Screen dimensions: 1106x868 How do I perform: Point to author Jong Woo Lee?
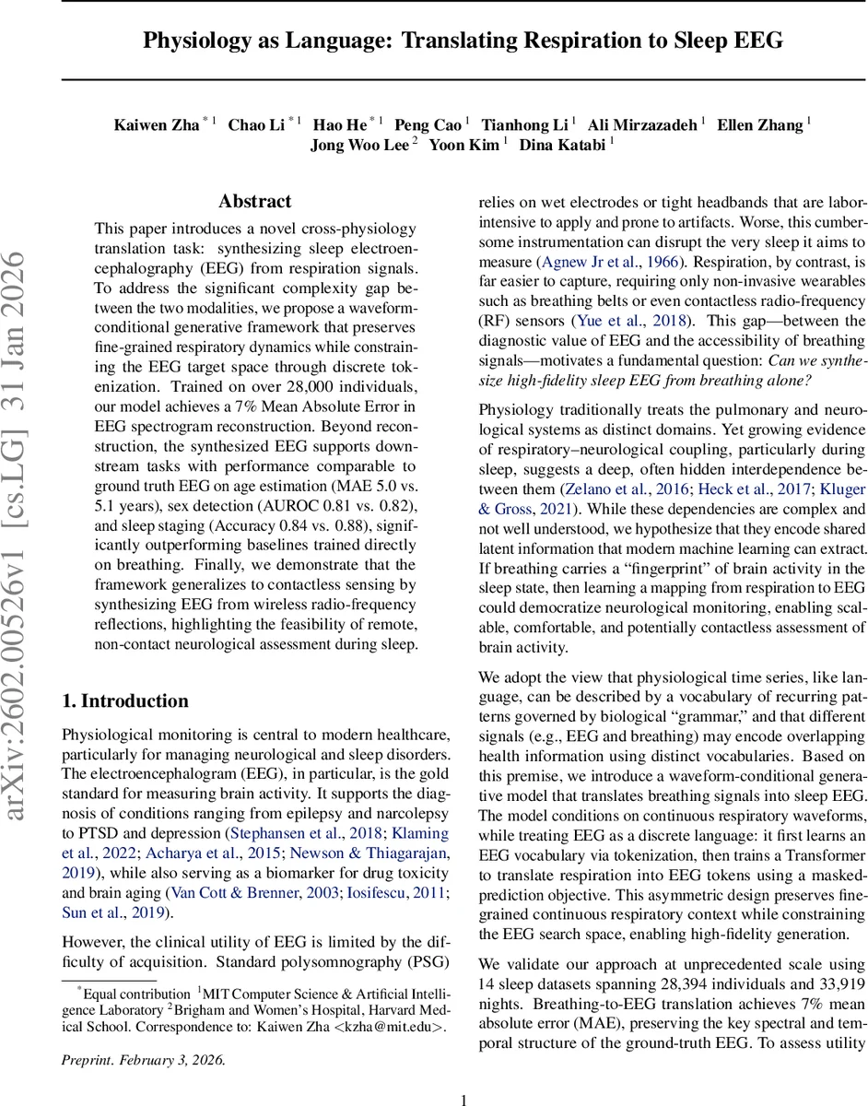coord(359,145)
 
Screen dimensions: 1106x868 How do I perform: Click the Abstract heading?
coord(255,201)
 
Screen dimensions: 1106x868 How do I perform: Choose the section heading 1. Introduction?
coord(127,700)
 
